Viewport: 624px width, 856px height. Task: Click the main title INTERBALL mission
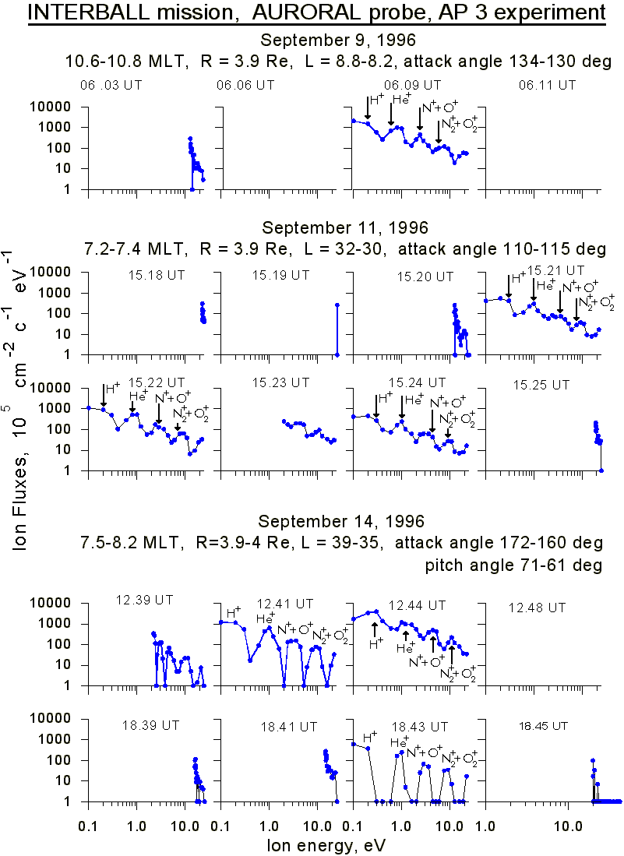(x=316, y=13)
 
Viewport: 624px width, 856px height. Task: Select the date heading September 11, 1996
(x=344, y=228)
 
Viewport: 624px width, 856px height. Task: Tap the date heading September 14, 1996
(x=343, y=521)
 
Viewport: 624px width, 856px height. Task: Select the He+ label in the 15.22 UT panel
(x=138, y=396)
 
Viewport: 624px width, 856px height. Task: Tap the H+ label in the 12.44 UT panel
(x=376, y=644)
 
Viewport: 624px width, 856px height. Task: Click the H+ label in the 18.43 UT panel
(x=370, y=738)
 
